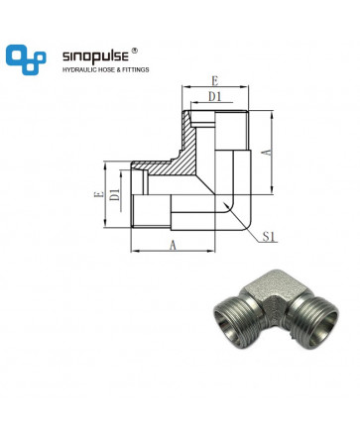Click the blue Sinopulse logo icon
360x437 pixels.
[x=26, y=59]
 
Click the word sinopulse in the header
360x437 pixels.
[x=95, y=56]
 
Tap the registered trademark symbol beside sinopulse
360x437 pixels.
[x=134, y=51]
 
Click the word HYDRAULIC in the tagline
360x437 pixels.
[x=77, y=69]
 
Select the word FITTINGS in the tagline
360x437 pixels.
[x=136, y=69]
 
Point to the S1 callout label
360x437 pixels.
[x=269, y=237]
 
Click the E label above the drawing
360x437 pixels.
[x=215, y=81]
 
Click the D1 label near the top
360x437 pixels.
[x=215, y=97]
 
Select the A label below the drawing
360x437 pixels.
[x=173, y=246]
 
